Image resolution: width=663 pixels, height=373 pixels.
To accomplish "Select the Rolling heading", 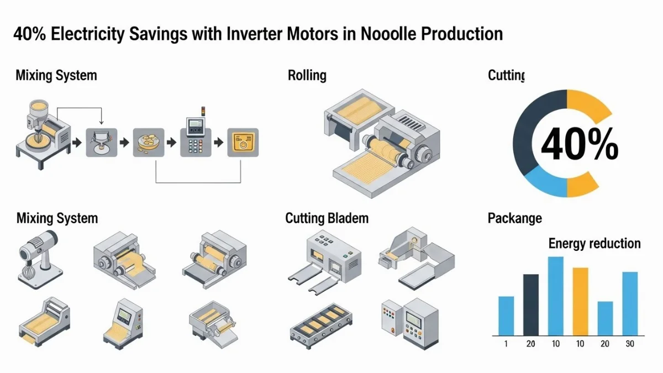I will click(x=307, y=75).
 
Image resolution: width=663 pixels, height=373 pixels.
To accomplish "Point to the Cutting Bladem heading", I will click(x=327, y=218).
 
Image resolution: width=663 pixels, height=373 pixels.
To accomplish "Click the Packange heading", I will click(x=514, y=218).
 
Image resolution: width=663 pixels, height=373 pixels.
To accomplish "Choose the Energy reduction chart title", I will click(x=594, y=243).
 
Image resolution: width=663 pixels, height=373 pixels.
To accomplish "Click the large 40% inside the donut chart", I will click(x=579, y=145).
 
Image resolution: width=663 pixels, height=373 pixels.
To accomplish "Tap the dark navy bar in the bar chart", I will click(x=530, y=304).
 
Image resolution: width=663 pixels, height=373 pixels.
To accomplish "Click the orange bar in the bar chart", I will click(x=580, y=301).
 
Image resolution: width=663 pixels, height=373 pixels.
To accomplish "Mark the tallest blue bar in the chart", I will click(x=555, y=296).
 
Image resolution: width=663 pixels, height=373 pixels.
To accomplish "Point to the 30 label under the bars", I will click(x=630, y=344).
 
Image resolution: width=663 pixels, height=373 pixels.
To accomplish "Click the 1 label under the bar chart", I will click(x=506, y=344).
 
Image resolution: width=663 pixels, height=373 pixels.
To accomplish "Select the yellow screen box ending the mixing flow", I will click(x=243, y=143).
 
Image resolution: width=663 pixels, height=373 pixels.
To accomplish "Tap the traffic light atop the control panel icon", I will click(x=202, y=111).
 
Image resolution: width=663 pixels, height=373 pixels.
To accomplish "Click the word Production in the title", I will click(x=462, y=34).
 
